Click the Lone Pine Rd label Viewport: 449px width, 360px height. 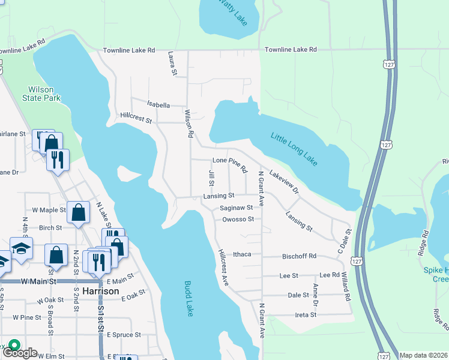230,165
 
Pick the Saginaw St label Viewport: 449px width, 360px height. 236,208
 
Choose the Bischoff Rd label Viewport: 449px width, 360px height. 299,256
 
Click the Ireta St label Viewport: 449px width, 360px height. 305,315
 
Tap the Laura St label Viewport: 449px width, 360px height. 173,63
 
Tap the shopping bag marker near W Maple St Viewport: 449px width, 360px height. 79,212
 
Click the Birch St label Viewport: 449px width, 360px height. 50,228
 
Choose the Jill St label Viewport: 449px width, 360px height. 211,178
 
